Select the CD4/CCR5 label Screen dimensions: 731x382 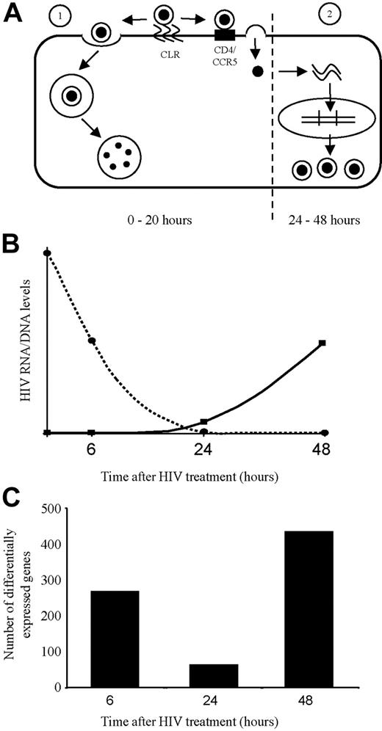pyautogui.click(x=221, y=57)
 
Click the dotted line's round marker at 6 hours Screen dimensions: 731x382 pyautogui.click(x=92, y=341)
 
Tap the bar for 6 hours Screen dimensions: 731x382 pyautogui.click(x=114, y=639)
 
